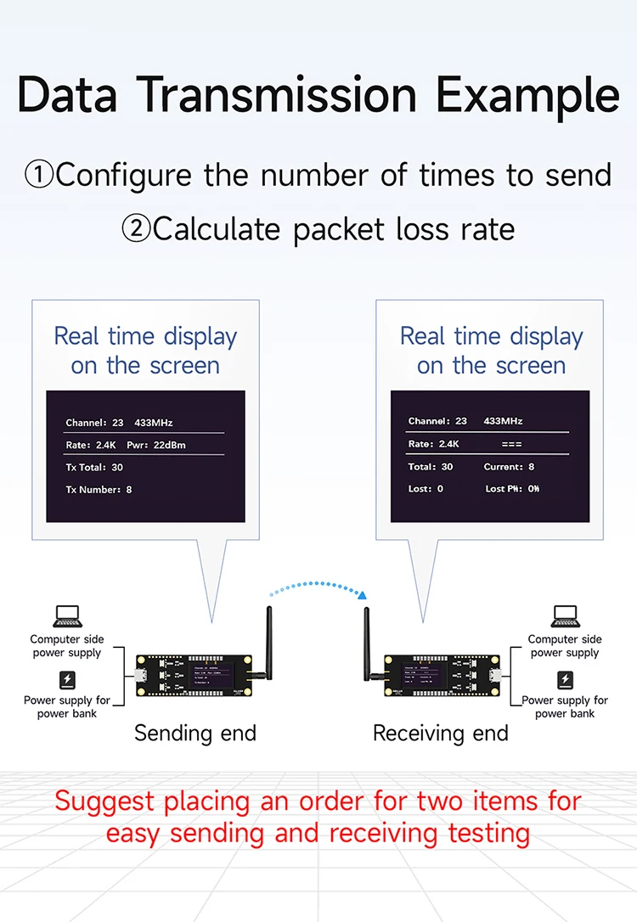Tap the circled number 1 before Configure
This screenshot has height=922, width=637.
tap(39, 176)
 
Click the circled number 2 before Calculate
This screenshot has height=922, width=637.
tap(136, 229)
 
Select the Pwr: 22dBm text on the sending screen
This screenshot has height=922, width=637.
tap(156, 445)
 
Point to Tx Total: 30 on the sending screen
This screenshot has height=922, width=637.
tap(94, 467)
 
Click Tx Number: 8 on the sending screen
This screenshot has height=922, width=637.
tap(99, 489)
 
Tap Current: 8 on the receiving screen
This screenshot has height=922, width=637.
tap(509, 466)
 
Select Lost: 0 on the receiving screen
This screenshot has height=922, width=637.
tap(426, 488)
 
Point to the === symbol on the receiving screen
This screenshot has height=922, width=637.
tap(512, 444)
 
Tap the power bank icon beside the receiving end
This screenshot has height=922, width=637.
tap(565, 680)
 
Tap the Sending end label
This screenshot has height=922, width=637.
tap(195, 733)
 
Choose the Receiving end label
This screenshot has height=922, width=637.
tap(441, 733)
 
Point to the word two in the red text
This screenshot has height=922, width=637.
tap(455, 801)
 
